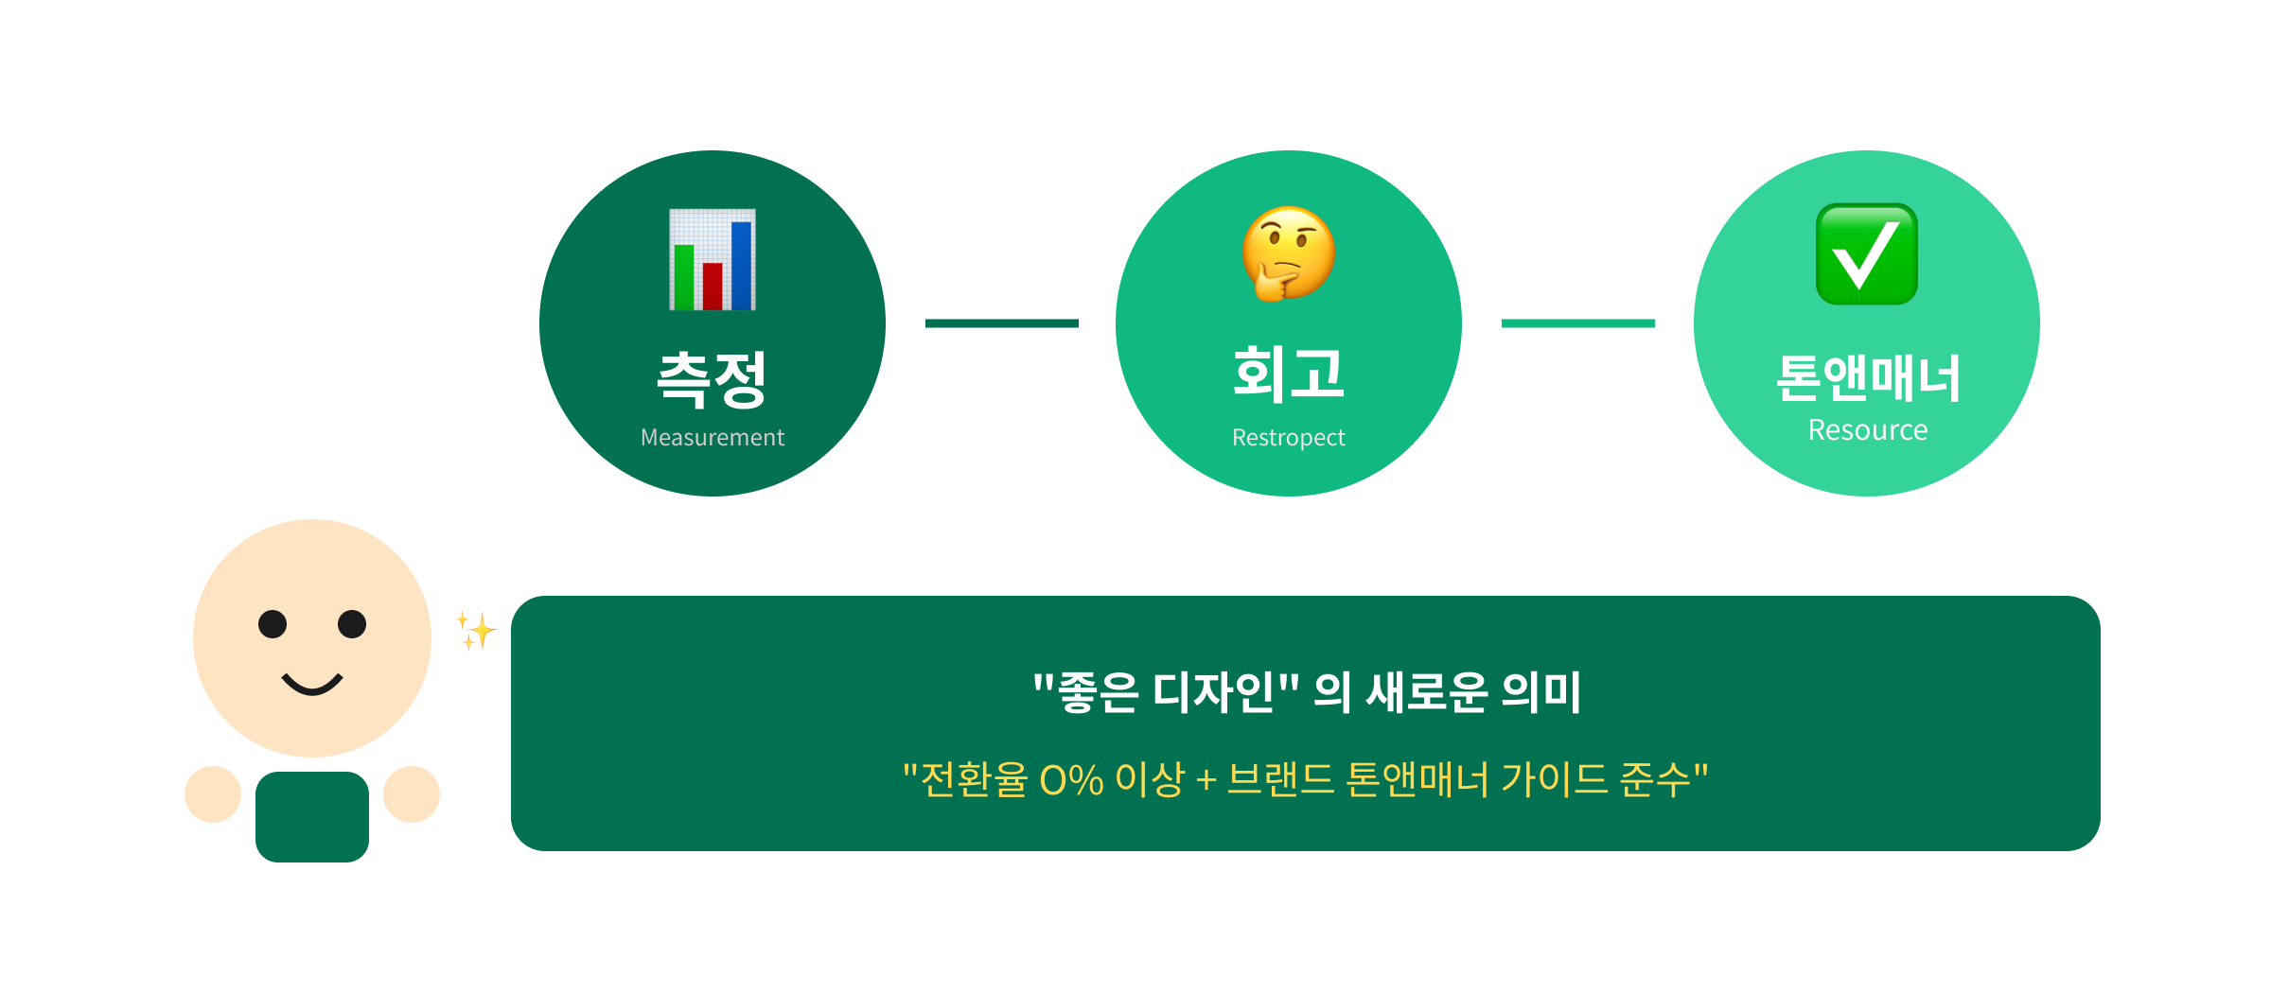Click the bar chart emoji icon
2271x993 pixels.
(x=713, y=259)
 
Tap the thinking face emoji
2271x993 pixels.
(x=1288, y=253)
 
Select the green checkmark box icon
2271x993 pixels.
(x=1866, y=254)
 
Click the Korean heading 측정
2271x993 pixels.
(x=712, y=379)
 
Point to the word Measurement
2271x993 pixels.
(x=712, y=438)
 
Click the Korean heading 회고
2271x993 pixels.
(x=1288, y=374)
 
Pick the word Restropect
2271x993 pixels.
(x=1288, y=438)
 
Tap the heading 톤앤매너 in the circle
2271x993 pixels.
(x=1867, y=378)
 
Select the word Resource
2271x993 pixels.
(x=1867, y=430)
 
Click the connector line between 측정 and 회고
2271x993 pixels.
(x=1001, y=323)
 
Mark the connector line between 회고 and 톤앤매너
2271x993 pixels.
(x=1577, y=323)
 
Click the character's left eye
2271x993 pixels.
(x=273, y=624)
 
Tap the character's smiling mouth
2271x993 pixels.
(x=312, y=684)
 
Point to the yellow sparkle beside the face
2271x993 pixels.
(x=477, y=630)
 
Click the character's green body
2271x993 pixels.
(x=312, y=816)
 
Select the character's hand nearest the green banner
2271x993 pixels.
(x=412, y=794)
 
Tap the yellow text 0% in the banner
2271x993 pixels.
(x=1071, y=780)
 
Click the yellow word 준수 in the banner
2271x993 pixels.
(x=1655, y=780)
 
